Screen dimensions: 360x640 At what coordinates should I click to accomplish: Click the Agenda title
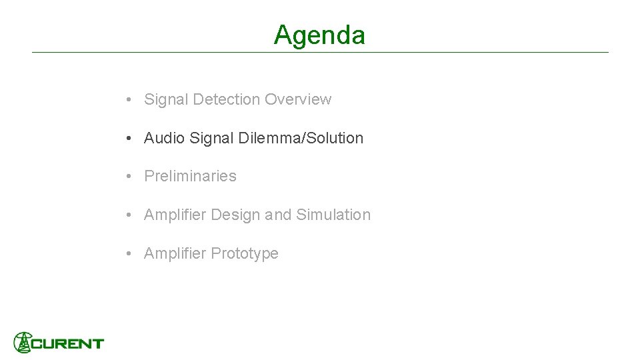pos(319,35)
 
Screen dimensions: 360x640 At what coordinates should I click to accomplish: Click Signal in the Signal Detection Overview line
pos(166,99)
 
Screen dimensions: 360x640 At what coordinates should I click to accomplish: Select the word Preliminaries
pos(190,176)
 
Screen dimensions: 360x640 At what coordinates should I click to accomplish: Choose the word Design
pos(235,215)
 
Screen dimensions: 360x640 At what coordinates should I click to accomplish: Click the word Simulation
pos(333,215)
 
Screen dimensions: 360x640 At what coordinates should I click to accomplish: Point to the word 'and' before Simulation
pos(278,215)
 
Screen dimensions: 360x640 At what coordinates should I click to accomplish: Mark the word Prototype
pos(245,253)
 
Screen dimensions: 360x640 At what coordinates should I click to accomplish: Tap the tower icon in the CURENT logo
pos(23,342)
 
